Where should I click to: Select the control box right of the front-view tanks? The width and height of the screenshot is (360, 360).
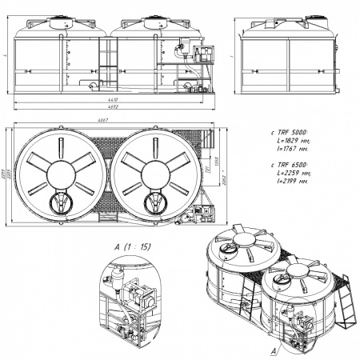202,54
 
